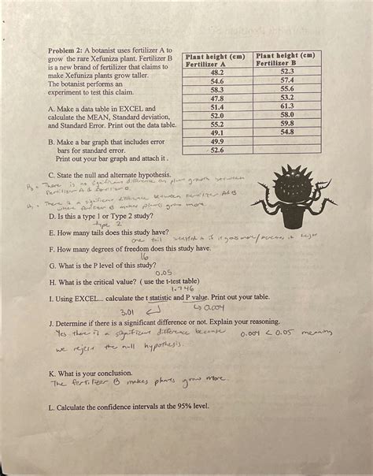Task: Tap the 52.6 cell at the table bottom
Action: click(216, 150)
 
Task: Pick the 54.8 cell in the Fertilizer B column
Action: click(286, 132)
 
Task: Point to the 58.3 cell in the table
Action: click(216, 89)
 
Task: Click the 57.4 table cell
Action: click(286, 80)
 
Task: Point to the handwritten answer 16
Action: click(144, 256)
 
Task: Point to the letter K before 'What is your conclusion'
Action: click(51, 370)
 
